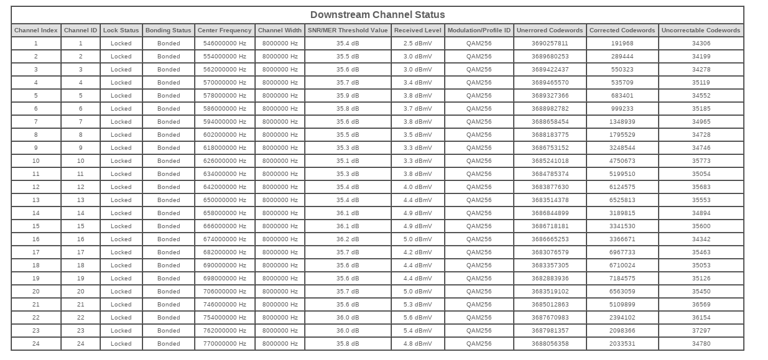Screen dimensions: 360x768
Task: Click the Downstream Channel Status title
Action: [377, 15]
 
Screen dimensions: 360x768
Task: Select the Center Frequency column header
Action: [224, 30]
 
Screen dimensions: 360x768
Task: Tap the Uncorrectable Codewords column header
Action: [701, 30]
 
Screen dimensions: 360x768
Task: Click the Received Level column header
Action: [418, 30]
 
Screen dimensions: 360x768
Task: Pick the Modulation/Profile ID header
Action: [479, 30]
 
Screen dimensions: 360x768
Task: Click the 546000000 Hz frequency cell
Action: [224, 44]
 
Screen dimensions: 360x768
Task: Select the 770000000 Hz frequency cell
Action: [224, 344]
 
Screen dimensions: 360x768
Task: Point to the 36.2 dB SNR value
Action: [348, 239]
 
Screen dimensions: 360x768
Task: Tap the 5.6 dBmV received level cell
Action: [418, 318]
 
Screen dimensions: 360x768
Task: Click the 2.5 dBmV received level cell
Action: [418, 44]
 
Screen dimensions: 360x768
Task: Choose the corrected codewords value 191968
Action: [622, 44]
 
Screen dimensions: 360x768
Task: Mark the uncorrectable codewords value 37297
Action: [701, 331]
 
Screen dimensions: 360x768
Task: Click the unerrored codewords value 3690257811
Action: [550, 44]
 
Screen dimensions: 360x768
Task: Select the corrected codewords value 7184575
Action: [622, 279]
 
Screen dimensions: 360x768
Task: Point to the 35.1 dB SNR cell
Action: [348, 161]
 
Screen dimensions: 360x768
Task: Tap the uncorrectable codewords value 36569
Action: [701, 305]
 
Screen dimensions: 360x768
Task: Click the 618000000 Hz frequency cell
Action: [224, 148]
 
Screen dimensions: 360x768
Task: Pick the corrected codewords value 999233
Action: [622, 109]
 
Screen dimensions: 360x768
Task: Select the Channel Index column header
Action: [36, 30]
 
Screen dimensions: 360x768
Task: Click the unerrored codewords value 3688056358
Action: [550, 344]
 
